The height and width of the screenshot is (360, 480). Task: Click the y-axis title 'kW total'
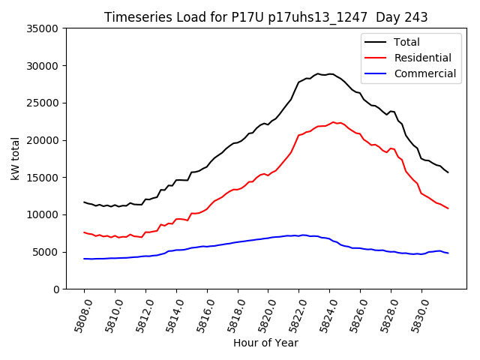[x=15, y=159]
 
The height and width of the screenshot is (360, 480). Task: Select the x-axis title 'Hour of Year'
[x=265, y=343]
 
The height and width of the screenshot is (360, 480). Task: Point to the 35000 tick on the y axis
[x=43, y=28]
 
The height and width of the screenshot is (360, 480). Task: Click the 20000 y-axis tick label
[x=43, y=140]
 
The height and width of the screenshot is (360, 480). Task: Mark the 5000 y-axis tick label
[x=46, y=252]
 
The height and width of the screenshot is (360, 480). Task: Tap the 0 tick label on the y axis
[x=57, y=289]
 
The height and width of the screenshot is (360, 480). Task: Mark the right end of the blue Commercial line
[x=448, y=253]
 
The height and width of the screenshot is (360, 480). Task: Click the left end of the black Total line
[x=84, y=202]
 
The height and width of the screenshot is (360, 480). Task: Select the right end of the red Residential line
[x=448, y=208]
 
